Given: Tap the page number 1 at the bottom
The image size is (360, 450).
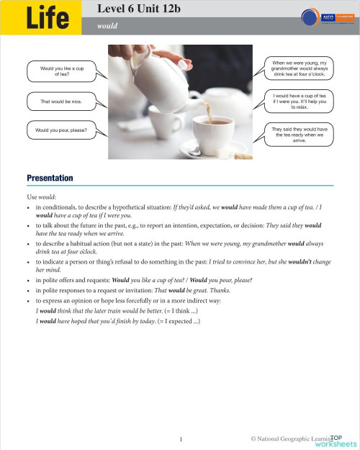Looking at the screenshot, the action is point(181,438).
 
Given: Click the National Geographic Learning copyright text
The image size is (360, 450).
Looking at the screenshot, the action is point(287,438).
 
